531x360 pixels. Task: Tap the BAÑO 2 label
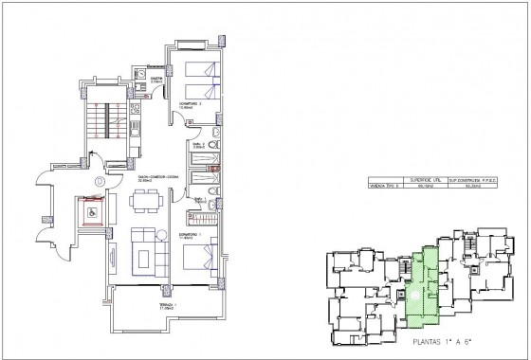coord(200,146)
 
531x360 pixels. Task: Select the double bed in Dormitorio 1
coord(203,256)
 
